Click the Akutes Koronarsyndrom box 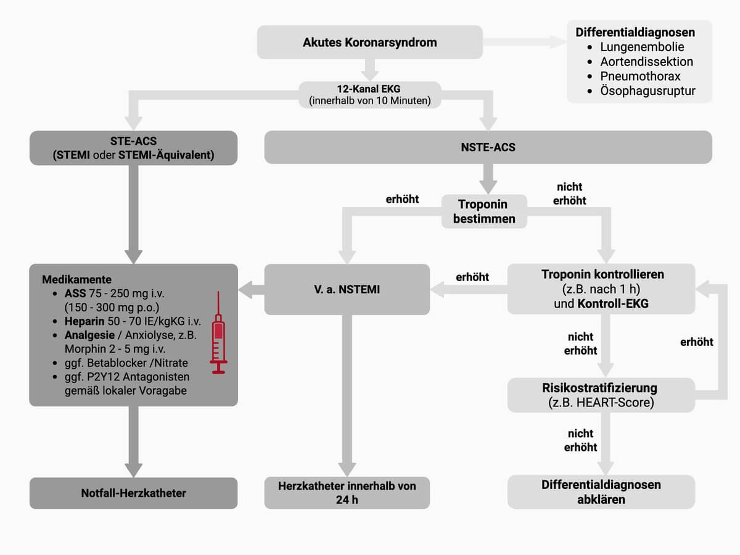coord(369,43)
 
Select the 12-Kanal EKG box coord(369,95)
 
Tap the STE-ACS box coord(133,148)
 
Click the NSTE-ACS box coord(488,148)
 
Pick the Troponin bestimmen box coord(484,212)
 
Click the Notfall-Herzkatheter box coord(133,493)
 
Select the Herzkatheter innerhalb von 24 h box coord(347,493)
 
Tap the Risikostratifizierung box coord(601,395)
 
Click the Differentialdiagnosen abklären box coord(601,492)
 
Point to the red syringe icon coord(218,332)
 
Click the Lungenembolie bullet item coord(641,47)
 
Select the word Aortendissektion coord(646,62)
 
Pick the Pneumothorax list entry coord(640,76)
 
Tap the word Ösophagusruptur coord(647,91)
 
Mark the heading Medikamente coord(76,279)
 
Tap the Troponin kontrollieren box coord(601,289)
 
